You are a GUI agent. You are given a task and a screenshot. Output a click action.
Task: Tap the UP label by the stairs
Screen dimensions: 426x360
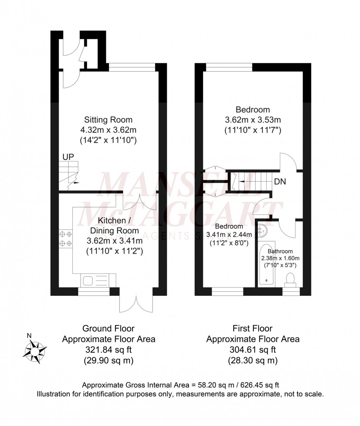(68, 157)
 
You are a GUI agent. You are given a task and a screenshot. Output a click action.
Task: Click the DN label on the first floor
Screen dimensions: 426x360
(280, 182)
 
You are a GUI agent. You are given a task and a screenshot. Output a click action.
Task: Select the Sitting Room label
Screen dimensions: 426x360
(108, 120)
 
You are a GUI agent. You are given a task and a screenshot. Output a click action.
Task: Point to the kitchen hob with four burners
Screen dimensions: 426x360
(65, 238)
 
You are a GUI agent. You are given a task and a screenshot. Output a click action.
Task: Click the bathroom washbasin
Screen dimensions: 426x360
(263, 230)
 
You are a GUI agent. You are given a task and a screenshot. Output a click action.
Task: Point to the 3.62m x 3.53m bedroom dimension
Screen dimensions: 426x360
(253, 120)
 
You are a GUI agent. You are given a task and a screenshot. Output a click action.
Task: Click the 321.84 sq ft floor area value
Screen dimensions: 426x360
(108, 350)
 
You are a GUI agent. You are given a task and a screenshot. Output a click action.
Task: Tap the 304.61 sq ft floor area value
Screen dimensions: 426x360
(253, 350)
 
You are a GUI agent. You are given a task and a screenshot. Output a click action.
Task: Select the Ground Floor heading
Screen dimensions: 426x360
(108, 328)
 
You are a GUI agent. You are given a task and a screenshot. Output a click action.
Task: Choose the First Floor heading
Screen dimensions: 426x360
(253, 328)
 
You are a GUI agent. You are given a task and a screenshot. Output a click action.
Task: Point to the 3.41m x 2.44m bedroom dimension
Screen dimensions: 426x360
(229, 235)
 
